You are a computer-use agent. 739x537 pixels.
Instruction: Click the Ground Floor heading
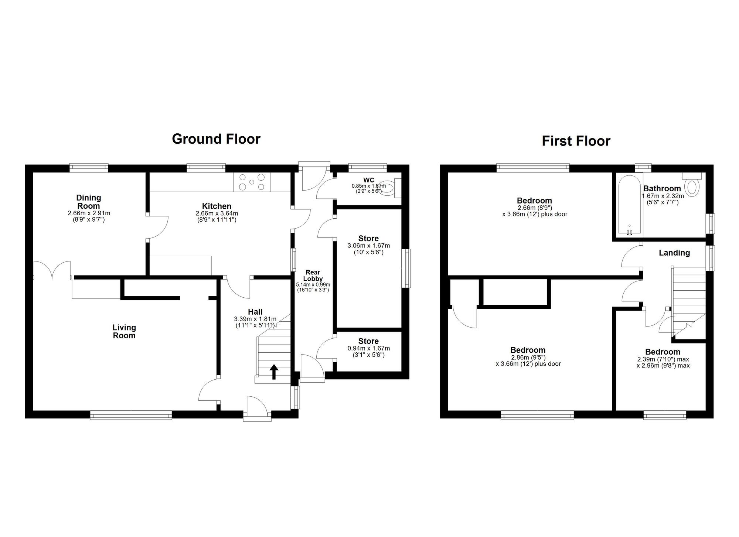[216, 139]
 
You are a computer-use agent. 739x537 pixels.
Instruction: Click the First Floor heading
[576, 141]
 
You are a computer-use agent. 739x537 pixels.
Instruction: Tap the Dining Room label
[89, 202]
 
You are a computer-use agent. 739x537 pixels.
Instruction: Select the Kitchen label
[217, 206]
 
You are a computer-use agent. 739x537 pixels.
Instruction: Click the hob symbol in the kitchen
[252, 182]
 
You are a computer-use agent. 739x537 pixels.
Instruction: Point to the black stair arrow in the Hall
[274, 372]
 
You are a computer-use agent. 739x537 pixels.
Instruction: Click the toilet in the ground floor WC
[390, 188]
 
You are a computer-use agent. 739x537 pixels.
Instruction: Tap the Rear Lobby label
[313, 276]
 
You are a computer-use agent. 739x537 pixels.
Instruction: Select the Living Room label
[124, 331]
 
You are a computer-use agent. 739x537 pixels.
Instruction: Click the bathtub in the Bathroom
[630, 204]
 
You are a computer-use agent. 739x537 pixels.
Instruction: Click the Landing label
[674, 253]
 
